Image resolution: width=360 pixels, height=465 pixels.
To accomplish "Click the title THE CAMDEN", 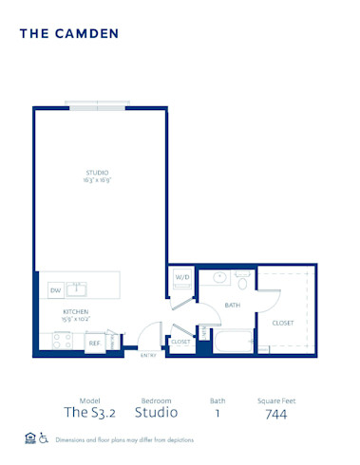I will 69,33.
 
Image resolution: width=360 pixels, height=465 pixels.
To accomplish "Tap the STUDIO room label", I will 98,172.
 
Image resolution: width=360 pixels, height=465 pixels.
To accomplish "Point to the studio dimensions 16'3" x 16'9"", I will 98,179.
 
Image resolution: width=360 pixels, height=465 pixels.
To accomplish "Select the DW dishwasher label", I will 55,290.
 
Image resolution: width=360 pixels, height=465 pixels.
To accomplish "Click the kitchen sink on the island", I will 82,288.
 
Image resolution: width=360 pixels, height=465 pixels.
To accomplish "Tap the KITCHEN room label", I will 76,311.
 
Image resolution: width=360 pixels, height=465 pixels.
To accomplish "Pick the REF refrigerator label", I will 95,344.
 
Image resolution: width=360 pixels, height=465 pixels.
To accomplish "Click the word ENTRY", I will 148,357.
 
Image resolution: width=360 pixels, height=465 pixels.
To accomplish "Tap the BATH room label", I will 232,305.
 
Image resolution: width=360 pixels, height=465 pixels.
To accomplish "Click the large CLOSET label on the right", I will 283,323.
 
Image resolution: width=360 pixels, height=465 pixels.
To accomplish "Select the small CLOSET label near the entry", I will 180,340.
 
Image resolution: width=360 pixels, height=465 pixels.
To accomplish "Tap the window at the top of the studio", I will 94,106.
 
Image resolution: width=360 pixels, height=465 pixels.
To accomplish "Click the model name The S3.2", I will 84,413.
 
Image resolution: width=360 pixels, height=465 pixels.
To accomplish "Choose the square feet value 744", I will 276,413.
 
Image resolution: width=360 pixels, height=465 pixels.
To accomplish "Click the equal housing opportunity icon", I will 28,438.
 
